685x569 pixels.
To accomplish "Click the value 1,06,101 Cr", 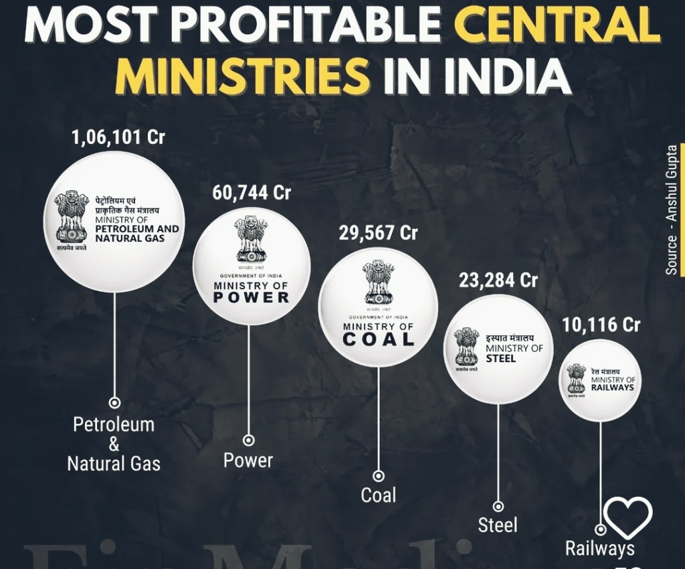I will click(x=118, y=138).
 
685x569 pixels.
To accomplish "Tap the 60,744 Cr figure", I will click(x=252, y=193).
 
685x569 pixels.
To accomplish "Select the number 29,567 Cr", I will click(x=379, y=233).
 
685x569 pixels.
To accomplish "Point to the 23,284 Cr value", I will click(x=498, y=280).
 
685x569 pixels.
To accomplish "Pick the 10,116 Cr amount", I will click(x=600, y=325).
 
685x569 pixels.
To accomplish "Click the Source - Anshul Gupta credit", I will click(x=672, y=209).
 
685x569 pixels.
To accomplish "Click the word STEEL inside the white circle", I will click(x=501, y=358).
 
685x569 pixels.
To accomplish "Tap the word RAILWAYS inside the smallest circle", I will click(x=612, y=388).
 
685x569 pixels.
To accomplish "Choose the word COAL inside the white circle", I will click(x=379, y=339).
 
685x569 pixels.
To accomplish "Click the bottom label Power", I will click(x=248, y=461).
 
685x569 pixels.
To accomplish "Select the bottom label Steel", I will click(x=498, y=525).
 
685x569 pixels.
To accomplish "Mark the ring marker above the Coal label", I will click(x=378, y=476).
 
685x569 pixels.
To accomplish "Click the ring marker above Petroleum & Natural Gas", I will click(x=114, y=403).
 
